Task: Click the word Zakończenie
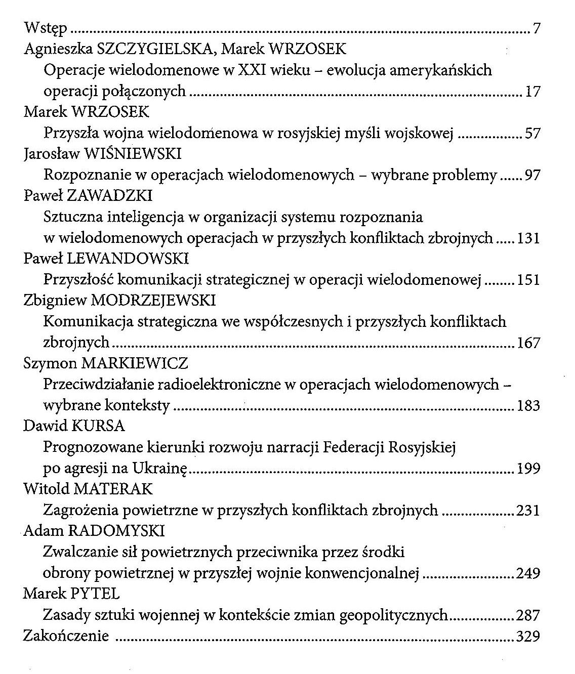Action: (x=66, y=636)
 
